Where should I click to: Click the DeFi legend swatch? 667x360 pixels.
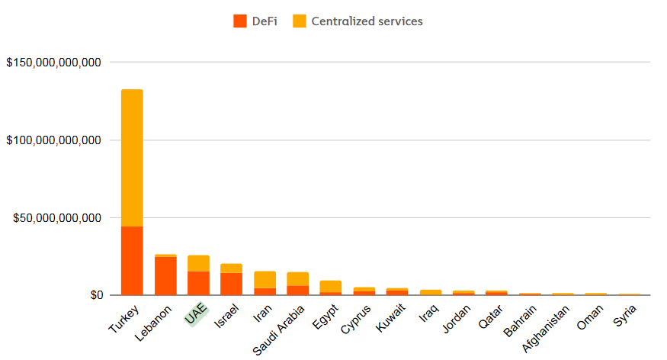[x=241, y=21]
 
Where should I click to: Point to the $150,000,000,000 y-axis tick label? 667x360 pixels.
[x=53, y=63]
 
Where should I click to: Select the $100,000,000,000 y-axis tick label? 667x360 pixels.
[x=53, y=140]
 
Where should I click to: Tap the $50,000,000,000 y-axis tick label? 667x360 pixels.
[x=57, y=218]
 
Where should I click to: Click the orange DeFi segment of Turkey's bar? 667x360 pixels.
[x=132, y=261]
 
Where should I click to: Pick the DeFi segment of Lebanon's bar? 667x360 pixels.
[x=165, y=276]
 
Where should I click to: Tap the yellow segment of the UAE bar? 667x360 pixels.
[x=198, y=263]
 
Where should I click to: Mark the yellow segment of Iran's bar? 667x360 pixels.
[x=265, y=279]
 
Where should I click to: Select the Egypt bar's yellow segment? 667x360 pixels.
[x=331, y=286]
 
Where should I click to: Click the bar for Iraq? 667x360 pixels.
[x=430, y=292]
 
